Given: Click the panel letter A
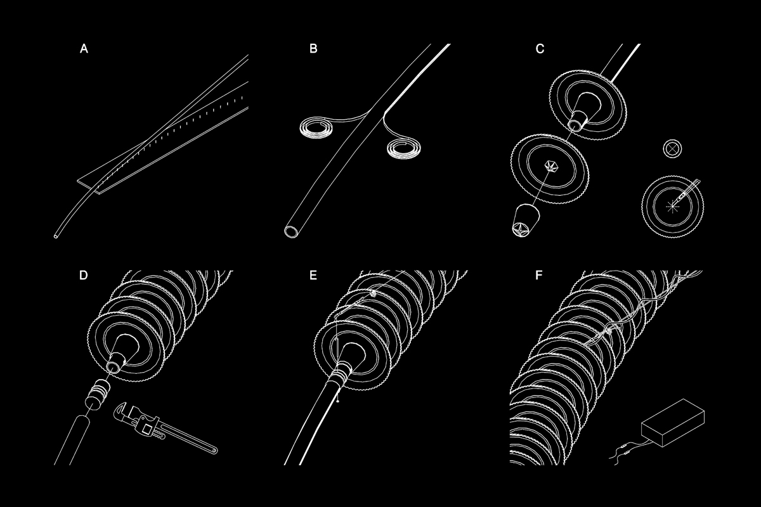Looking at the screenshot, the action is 84,49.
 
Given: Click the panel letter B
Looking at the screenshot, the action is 313,49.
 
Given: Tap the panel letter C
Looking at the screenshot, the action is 540,49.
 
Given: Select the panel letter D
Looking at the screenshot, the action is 83,275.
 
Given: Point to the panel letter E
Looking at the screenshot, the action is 313,275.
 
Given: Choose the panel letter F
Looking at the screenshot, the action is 539,275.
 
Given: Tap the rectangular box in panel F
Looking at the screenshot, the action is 673,423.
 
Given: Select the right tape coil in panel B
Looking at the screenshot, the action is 404,149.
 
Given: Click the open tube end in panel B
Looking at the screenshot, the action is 292,231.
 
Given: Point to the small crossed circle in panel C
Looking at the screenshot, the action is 672,149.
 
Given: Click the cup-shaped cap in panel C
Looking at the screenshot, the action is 525,220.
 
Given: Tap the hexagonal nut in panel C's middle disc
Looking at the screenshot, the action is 550,167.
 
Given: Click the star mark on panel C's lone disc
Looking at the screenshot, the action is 672,206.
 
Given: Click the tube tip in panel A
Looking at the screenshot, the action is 56,236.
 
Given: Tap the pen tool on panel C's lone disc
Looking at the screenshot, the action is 686,193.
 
